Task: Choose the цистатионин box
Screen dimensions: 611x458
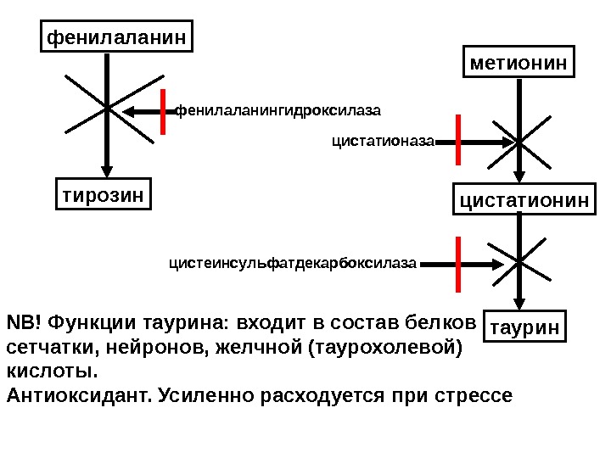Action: coord(524,200)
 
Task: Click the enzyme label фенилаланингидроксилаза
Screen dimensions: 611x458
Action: coord(277,110)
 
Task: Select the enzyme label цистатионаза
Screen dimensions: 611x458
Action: coord(382,143)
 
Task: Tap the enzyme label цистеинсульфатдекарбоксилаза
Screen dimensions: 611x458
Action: coord(294,265)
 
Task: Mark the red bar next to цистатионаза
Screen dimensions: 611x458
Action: coord(458,139)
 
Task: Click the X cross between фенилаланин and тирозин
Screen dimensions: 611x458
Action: coord(108,108)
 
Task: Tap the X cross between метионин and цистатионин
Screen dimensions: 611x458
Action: coord(520,142)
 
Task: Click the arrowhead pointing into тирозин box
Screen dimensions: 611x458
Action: coord(108,169)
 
